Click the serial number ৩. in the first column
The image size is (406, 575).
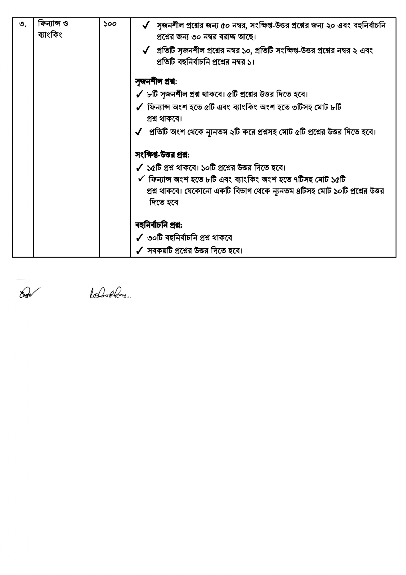(x=23, y=25)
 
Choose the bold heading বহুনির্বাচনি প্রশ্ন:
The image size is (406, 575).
(x=158, y=225)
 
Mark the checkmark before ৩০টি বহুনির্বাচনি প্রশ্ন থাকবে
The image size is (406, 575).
(x=139, y=237)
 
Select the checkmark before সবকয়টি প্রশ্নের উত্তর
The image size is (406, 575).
(x=139, y=250)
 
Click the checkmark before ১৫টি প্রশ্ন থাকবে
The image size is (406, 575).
(x=139, y=167)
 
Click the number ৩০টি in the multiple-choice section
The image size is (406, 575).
(x=155, y=238)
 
